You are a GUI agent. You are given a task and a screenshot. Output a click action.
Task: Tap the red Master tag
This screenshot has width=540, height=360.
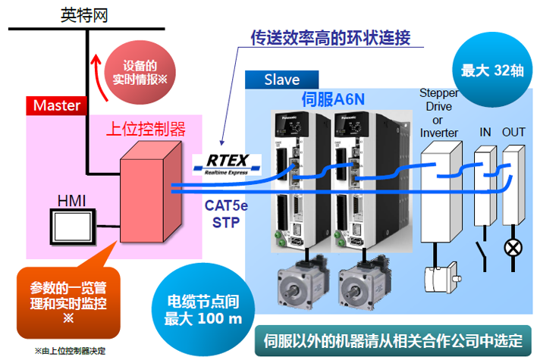point(57,105)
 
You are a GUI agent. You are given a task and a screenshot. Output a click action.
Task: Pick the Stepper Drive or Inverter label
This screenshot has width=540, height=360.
point(439,113)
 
